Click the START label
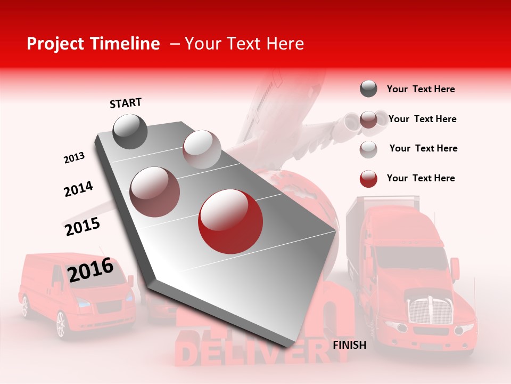coord(126,103)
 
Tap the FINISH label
coord(349,345)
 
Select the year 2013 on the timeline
coord(74,157)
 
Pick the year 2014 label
coord(78,189)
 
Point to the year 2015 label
coord(83,227)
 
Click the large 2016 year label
coord(90,269)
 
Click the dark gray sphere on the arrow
coord(130,131)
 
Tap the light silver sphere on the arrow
coord(201,149)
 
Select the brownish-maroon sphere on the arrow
coord(155,191)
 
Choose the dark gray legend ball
coord(368,89)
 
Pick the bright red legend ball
coord(368,179)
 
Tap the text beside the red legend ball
coord(421,178)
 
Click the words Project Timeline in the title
coord(93,44)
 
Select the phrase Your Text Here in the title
coord(244,44)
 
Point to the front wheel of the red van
coord(61,324)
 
